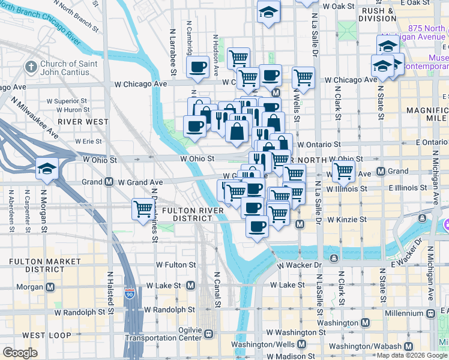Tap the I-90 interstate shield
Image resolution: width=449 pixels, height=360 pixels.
coord(130,293)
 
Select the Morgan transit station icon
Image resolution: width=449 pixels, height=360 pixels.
coord(51,286)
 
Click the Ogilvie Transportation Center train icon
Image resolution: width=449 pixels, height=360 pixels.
coord(209,334)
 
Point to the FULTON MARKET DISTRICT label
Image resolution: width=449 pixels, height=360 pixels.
coord(45,265)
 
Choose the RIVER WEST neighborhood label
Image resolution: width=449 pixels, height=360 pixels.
coord(83,121)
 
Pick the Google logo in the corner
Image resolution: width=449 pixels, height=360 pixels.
coord(20,353)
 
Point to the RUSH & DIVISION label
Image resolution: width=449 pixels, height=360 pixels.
coord(377,14)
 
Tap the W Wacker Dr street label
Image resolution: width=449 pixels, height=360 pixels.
coord(301,265)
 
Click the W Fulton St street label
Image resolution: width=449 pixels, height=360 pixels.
coord(176,265)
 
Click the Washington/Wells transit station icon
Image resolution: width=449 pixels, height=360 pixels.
coord(301,345)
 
